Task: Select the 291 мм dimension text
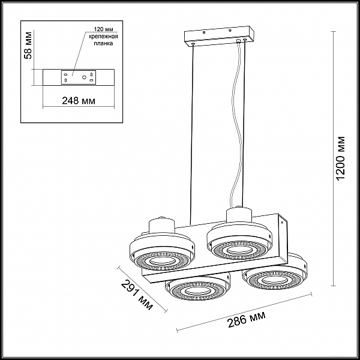(137, 295)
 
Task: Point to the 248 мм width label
(79, 101)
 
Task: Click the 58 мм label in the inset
(28, 45)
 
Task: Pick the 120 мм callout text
(103, 29)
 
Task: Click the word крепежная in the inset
(103, 37)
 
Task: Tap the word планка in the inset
(103, 43)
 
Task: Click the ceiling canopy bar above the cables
(219, 35)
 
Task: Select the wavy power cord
(236, 124)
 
